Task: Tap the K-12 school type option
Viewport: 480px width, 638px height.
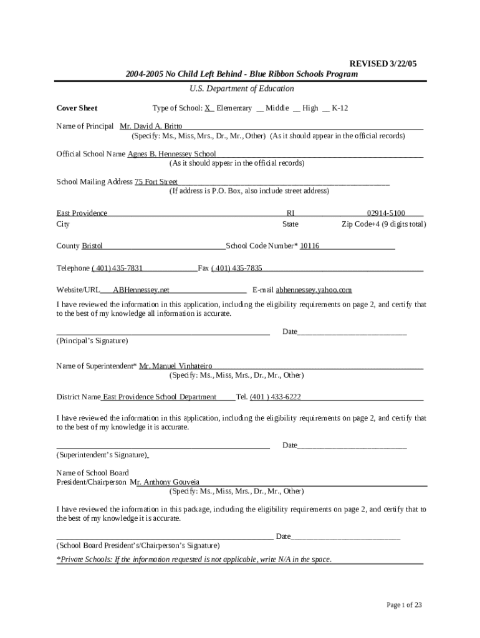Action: pos(340,108)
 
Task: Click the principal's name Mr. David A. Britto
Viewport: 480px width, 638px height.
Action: pos(151,126)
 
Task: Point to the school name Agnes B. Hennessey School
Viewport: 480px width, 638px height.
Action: pos(171,154)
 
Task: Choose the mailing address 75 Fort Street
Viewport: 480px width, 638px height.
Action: pos(156,182)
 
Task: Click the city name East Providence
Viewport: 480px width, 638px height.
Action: pos(82,213)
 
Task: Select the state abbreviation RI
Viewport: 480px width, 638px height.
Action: pos(290,213)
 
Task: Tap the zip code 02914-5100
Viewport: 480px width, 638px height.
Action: pos(386,213)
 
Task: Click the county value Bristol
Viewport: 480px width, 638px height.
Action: pos(92,246)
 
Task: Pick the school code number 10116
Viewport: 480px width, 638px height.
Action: pos(309,246)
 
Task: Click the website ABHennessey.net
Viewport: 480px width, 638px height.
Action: pos(141,290)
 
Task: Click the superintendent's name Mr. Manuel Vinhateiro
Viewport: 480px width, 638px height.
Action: pos(175,366)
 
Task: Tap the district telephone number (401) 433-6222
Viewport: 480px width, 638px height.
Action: pos(276,397)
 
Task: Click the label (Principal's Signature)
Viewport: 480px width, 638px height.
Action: pos(92,341)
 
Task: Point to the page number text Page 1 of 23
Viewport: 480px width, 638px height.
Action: pos(405,605)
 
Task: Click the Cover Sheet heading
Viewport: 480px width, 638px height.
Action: pos(77,108)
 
